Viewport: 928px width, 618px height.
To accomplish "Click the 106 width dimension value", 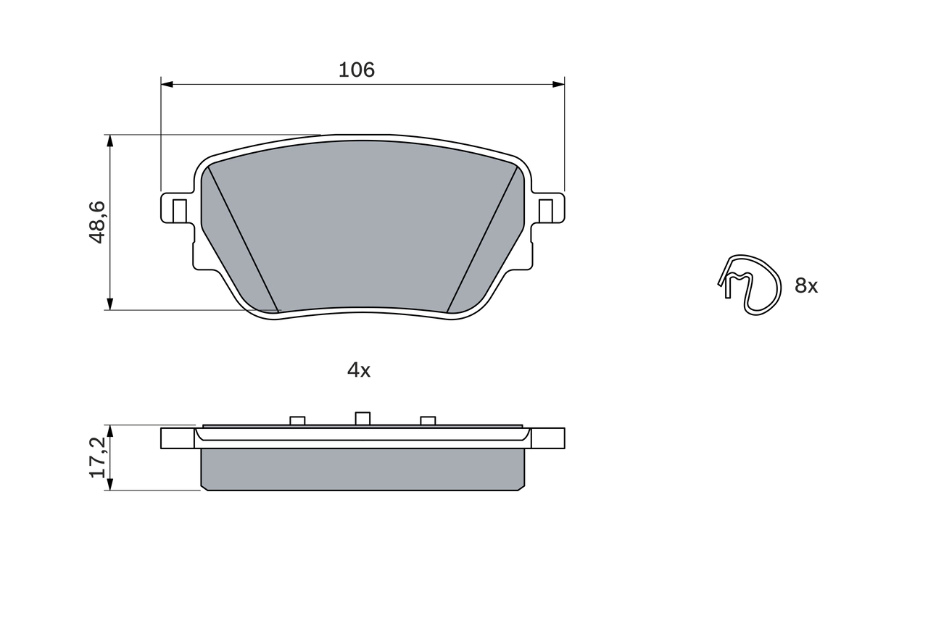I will pyautogui.click(x=357, y=70).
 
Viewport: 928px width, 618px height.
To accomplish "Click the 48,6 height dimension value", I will pyautogui.click(x=98, y=222).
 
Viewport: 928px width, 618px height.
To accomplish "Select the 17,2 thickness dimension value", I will pyautogui.click(x=98, y=457).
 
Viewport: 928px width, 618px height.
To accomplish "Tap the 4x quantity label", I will pyautogui.click(x=359, y=370).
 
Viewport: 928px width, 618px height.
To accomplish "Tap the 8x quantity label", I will pyautogui.click(x=806, y=286).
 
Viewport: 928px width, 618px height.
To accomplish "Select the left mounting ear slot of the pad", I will pyautogui.click(x=179, y=210).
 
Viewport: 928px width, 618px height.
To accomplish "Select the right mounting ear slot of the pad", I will pyautogui.click(x=546, y=210).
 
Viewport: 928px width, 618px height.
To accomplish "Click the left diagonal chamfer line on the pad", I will pyautogui.click(x=243, y=239).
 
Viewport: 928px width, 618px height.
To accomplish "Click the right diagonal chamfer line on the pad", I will pyautogui.click(x=483, y=239).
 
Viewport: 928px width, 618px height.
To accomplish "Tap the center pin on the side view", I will pyautogui.click(x=362, y=418).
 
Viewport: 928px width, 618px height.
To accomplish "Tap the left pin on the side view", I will pyautogui.click(x=297, y=420).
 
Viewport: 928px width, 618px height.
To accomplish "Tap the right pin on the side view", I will pyautogui.click(x=428, y=420).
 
